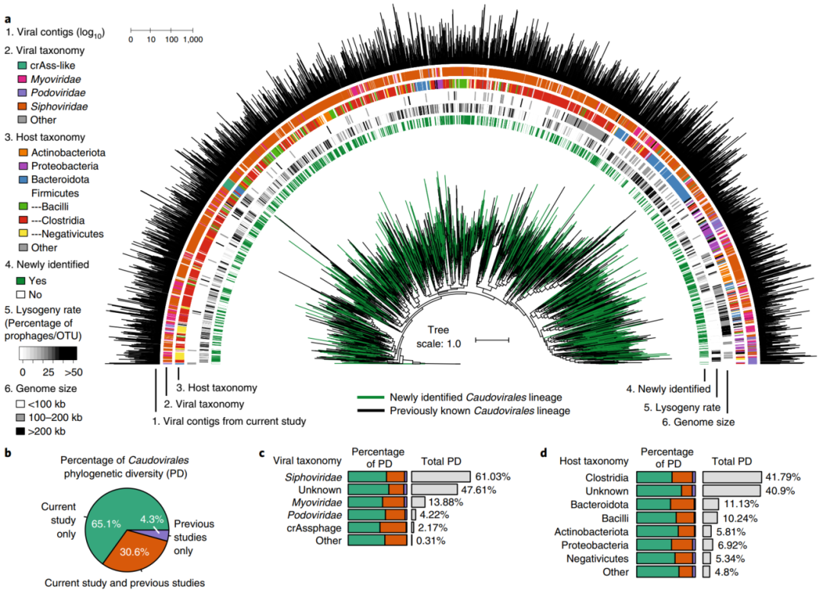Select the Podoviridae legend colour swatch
tap(22, 93)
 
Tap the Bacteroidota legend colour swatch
tap(22, 180)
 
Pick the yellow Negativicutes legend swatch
tap(22, 234)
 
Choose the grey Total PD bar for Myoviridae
tap(418, 502)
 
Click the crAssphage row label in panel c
tap(318, 528)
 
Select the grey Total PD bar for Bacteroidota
tap(709, 504)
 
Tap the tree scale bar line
tap(492, 340)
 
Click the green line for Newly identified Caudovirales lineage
tap(370, 397)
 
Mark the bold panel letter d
tap(544, 453)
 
